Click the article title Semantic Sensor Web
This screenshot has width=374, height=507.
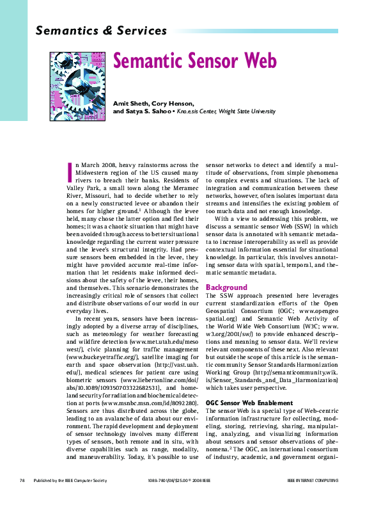click(195, 61)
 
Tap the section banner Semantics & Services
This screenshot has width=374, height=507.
click(102, 30)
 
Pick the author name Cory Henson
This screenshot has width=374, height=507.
click(173, 102)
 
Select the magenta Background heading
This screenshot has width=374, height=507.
click(226, 287)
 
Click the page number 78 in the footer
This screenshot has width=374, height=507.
click(22, 480)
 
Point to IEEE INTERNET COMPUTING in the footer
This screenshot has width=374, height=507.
click(313, 480)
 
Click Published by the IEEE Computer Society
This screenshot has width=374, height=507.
click(66, 480)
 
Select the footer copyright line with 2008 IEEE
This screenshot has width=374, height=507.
click(179, 480)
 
